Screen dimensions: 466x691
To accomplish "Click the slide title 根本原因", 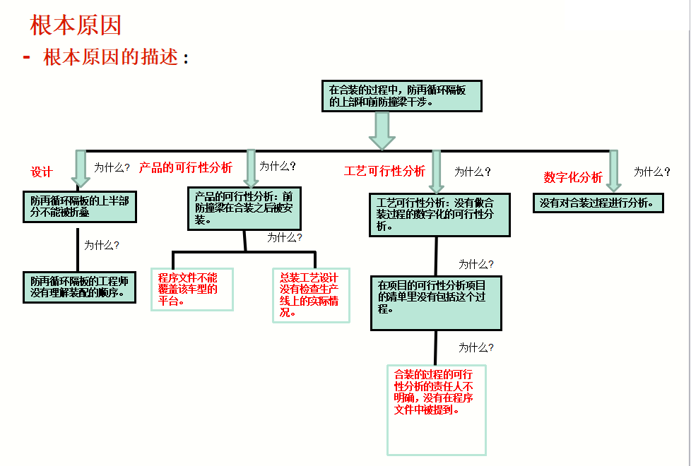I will click(x=76, y=25).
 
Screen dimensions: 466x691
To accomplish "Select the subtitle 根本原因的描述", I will click(x=111, y=58).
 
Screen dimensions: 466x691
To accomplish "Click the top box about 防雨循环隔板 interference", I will click(x=401, y=96).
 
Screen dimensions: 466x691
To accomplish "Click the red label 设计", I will click(x=42, y=172).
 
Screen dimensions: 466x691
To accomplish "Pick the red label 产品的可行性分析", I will click(x=185, y=167).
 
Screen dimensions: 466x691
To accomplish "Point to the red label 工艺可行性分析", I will click(x=384, y=171).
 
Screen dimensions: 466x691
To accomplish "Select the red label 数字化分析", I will click(x=573, y=177).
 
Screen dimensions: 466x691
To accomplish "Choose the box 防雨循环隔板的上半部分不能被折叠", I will click(x=79, y=207).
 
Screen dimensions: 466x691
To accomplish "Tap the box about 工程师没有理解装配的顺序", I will click(x=79, y=287).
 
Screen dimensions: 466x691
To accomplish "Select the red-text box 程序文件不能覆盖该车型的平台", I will click(x=191, y=289).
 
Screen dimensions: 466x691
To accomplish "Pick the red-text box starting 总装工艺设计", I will click(x=311, y=294).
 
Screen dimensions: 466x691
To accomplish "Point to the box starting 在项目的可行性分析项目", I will click(x=436, y=303).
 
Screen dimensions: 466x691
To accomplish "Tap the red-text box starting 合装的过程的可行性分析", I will click(x=436, y=410).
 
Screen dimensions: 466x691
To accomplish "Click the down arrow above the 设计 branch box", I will click(x=81, y=169).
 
